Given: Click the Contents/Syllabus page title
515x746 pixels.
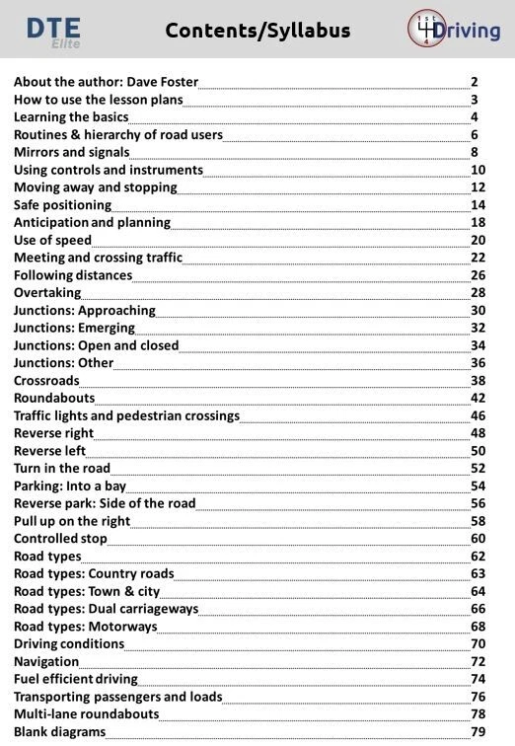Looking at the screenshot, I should point(257,31).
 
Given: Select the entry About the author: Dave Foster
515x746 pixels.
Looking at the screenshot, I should point(106,82).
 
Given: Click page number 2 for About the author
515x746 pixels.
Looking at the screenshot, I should point(475,82).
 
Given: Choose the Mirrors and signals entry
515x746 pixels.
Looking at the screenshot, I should point(71,152).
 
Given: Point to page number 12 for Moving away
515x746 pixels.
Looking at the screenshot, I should point(478,187).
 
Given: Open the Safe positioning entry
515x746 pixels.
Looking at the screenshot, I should point(62,205).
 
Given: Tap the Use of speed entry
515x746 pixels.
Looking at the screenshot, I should point(52,240).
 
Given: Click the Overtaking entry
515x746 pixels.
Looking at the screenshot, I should point(47,293).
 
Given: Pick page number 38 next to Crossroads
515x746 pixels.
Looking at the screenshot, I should point(478,381).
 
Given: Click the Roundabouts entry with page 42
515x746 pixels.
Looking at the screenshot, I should point(54,398).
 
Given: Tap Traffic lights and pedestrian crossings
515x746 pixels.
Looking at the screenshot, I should point(126,415).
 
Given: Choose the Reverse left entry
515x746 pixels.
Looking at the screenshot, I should point(50,451).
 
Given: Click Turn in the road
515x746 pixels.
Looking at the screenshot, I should point(62,468).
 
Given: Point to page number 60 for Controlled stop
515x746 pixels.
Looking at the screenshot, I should point(478,539).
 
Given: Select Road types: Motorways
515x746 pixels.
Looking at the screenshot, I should point(85,627).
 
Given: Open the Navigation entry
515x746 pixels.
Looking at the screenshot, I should point(47,661).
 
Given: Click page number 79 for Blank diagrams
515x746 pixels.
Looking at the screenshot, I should point(478,732).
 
